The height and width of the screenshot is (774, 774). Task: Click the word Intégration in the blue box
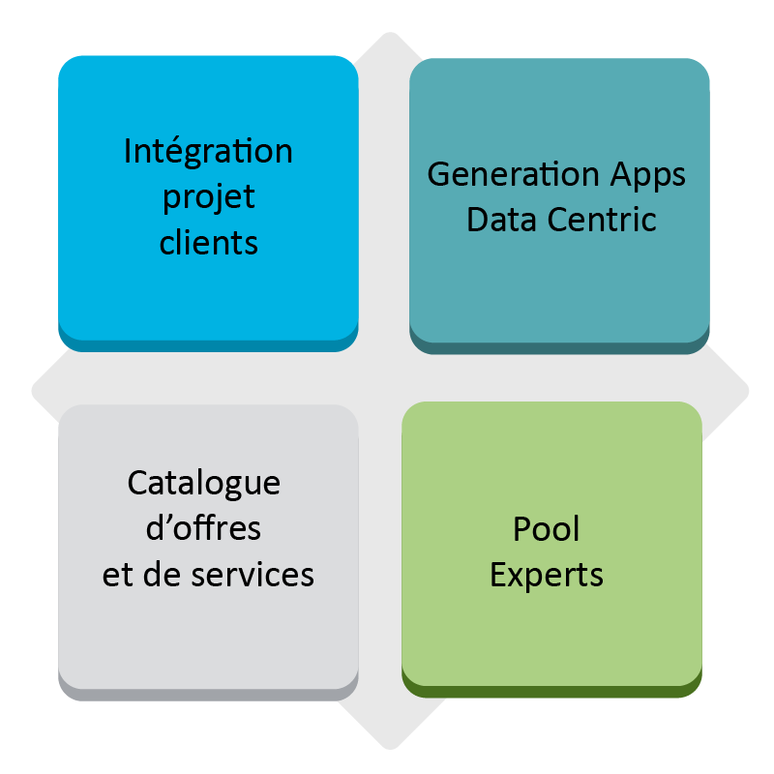tap(208, 152)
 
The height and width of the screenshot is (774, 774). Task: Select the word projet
tap(208, 197)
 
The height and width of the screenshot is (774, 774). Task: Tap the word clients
tap(208, 242)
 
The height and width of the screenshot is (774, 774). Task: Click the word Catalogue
tap(204, 483)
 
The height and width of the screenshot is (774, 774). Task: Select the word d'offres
tap(203, 529)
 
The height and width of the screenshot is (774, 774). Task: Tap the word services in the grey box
tap(253, 575)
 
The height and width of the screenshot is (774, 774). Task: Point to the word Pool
tap(547, 529)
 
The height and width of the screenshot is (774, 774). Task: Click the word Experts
tap(547, 575)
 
